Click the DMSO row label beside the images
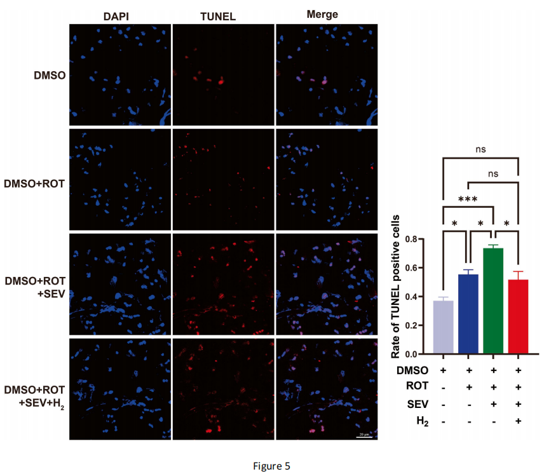pyautogui.click(x=49, y=75)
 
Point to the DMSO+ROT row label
pyautogui.click(x=36, y=184)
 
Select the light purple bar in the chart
pyautogui.click(x=444, y=327)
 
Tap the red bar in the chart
pyautogui.click(x=518, y=316)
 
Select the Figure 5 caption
pyautogui.click(x=271, y=466)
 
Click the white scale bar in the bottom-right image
pyautogui.click(x=364, y=437)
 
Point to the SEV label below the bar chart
pyautogui.click(x=417, y=403)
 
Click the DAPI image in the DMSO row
pyautogui.click(x=119, y=75)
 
